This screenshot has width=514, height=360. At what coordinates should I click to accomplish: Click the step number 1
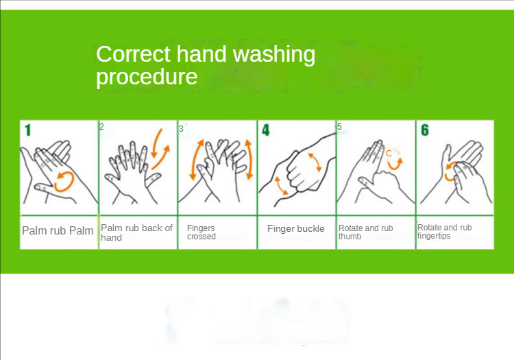pos(28,130)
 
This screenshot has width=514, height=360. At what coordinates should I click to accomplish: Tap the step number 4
pos(265,130)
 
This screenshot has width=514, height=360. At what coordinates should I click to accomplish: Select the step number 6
pos(425,130)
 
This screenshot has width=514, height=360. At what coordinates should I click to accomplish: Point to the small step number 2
pos(101,127)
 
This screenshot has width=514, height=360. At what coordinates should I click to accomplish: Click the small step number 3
pos(182,129)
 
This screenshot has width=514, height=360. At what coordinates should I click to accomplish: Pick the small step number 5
pos(339,127)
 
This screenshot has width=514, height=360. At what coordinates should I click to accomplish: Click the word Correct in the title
pos(134,54)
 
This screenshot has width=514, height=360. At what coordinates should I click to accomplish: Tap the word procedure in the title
pos(147,77)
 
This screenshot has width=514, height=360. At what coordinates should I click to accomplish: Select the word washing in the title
pos(274,55)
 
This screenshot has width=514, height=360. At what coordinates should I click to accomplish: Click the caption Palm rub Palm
pos(58,231)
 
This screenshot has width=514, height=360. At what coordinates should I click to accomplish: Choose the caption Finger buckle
pos(295,228)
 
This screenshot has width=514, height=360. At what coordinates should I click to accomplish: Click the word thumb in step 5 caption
pos(350,237)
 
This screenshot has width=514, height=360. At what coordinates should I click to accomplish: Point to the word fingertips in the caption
pos(434,236)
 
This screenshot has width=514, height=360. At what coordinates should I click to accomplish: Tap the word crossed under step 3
pos(201,237)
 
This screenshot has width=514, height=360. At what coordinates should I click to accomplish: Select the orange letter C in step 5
pos(389,154)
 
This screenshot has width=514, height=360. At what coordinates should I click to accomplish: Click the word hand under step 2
pos(111,237)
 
